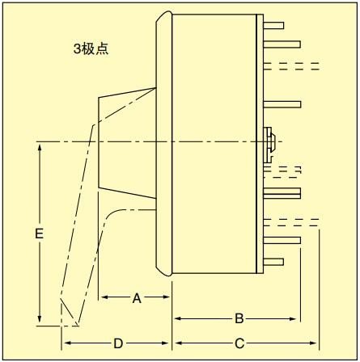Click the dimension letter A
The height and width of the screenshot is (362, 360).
[137, 298]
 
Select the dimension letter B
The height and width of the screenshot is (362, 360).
[239, 318]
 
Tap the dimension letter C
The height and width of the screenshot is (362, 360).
[239, 343]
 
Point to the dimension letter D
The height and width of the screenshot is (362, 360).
[118, 343]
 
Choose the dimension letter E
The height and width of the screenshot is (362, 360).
[40, 234]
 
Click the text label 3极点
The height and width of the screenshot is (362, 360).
[91, 49]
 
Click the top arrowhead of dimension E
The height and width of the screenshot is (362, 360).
[40, 147]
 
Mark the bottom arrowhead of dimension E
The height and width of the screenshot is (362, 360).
[40, 319]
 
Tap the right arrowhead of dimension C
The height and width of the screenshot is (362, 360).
[313, 343]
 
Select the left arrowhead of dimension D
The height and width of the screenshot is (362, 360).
[67, 343]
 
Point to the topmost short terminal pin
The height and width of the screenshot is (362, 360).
[273, 26]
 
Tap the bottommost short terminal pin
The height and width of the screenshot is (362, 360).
[273, 262]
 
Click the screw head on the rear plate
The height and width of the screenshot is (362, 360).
[269, 145]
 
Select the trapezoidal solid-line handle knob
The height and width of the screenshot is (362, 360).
[127, 143]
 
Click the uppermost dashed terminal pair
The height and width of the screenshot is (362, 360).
[291, 66]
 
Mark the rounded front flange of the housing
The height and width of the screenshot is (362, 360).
[164, 144]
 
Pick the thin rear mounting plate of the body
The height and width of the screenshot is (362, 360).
[260, 144]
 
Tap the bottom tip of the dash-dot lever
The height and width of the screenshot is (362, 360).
[78, 326]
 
